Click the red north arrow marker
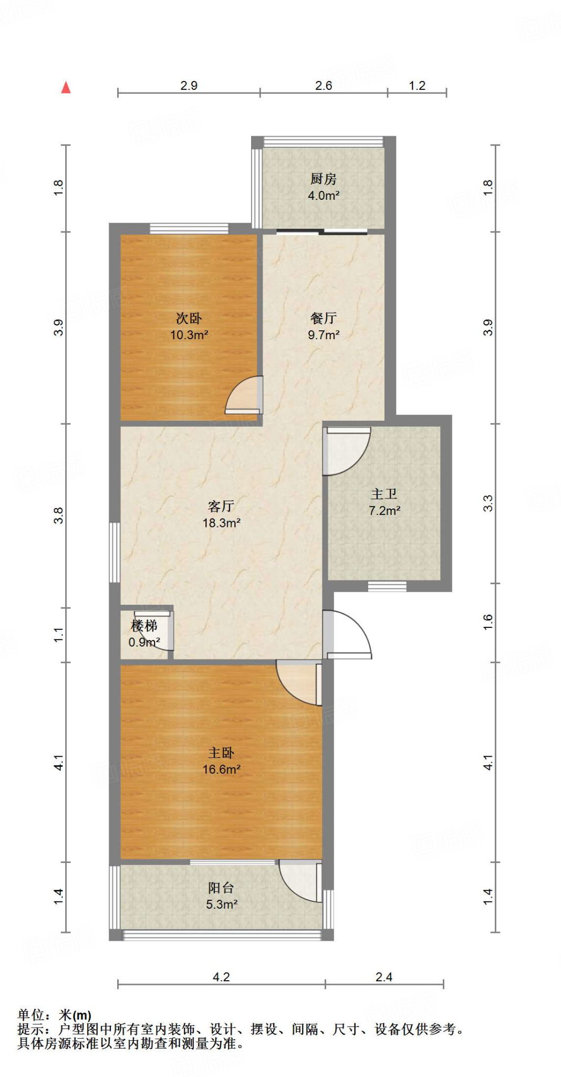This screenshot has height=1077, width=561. click(66, 87)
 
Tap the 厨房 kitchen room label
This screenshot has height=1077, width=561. click(323, 179)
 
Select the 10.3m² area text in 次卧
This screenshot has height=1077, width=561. click(189, 335)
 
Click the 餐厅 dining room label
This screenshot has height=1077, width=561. click(323, 318)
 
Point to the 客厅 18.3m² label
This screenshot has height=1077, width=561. click(221, 514)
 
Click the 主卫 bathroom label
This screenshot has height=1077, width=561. click(384, 494)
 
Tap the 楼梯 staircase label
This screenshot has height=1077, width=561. click(144, 626)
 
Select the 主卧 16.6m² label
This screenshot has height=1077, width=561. click(221, 761)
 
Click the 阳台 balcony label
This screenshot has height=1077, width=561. click(221, 888)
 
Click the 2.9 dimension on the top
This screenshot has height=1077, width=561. click(189, 86)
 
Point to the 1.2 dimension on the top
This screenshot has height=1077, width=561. click(417, 86)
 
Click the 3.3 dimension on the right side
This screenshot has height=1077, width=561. click(488, 503)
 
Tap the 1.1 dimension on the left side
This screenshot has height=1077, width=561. click(58, 634)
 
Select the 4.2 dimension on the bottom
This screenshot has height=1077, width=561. click(221, 977)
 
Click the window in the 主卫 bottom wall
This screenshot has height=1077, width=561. click(387, 586)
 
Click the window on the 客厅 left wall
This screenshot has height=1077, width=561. click(115, 552)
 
